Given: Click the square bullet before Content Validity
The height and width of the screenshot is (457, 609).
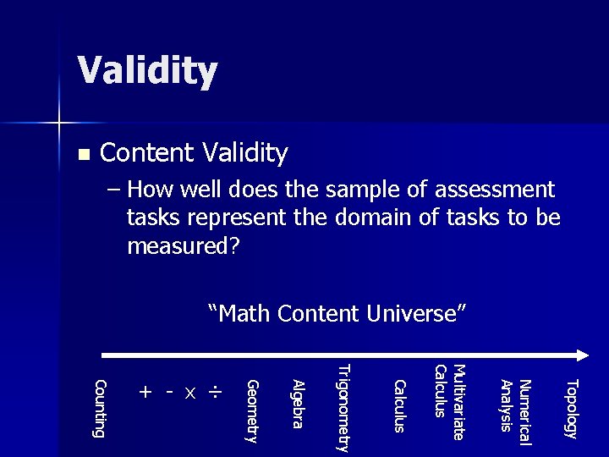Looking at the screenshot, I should click(82, 156).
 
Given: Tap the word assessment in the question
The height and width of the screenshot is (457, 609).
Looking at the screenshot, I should click(490, 190).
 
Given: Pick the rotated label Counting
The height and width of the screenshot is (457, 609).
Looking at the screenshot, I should click(100, 409).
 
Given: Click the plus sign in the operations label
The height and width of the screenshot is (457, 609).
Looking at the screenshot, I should click(146, 393).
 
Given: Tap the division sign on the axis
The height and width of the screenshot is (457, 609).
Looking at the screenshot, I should click(217, 393).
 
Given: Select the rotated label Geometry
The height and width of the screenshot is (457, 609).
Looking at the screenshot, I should click(250, 411).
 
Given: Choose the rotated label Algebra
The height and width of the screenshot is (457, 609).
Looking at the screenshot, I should click(297, 405).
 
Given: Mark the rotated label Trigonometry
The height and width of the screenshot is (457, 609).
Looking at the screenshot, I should click(343, 408).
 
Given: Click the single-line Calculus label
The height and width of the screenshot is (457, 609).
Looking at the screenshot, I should click(400, 405).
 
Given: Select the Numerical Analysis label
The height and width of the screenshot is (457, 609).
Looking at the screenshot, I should click(516, 405).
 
